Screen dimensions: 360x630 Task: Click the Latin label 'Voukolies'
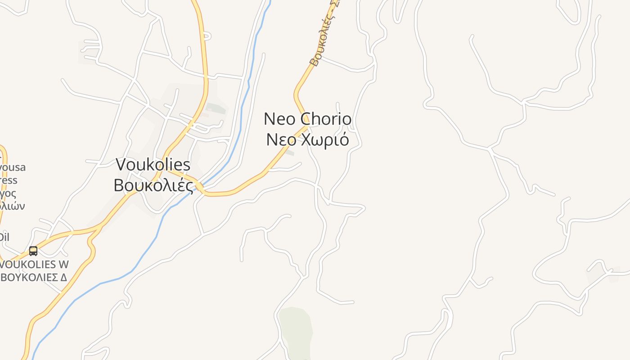pyautogui.click(x=153, y=165)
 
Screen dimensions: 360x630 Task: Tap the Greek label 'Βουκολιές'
pyautogui.click(x=153, y=185)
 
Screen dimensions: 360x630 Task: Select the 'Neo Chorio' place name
pyautogui.click(x=307, y=119)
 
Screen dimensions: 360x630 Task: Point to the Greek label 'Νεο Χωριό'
pyautogui.click(x=307, y=140)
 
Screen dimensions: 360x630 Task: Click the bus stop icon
pyautogui.click(x=33, y=251)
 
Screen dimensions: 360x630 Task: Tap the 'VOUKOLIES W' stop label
pyautogui.click(x=35, y=264)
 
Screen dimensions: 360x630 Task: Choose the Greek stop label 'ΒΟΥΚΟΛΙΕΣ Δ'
pyautogui.click(x=34, y=277)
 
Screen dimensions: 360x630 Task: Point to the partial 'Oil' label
pyautogui.click(x=4, y=237)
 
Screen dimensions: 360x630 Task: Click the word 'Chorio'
pyautogui.click(x=326, y=119)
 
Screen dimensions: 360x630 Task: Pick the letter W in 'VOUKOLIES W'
pyautogui.click(x=63, y=264)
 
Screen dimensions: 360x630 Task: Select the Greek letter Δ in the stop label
pyautogui.click(x=63, y=277)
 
